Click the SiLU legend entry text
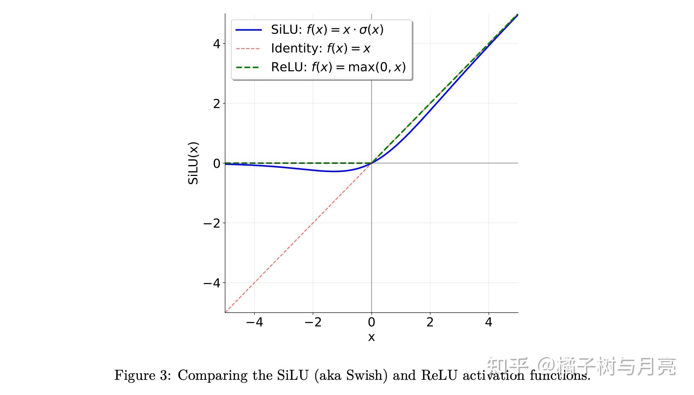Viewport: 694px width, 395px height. tap(327, 30)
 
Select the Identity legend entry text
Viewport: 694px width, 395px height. tap(321, 48)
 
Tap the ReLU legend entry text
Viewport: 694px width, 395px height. tap(338, 67)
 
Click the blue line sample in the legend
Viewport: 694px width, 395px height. tap(249, 30)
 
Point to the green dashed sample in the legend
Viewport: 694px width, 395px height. tap(249, 67)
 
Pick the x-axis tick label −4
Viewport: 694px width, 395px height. tap(255, 322)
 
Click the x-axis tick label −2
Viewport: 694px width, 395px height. tap(313, 322)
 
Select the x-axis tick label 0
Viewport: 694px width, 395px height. tap(371, 322)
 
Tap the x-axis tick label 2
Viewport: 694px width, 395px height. tap(430, 322)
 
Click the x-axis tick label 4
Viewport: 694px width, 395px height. tap(489, 322)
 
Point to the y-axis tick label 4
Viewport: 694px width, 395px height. tap(216, 44)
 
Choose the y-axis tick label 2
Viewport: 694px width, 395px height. tap(216, 104)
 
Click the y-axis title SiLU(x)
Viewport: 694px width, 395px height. tap(193, 163)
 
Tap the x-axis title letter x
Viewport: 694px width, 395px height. tap(371, 337)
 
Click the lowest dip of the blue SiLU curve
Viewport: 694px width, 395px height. tap(334, 171)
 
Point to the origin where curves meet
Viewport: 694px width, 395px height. tap(371, 163)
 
